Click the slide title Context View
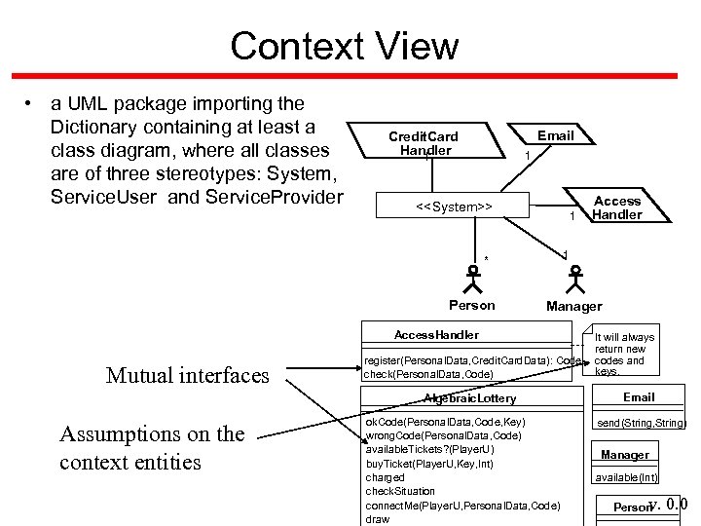click(345, 46)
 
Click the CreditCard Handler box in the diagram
click(423, 143)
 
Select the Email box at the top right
click(555, 135)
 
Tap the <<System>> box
click(454, 207)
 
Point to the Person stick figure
click(474, 280)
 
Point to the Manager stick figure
click(575, 280)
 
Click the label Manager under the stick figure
click(573, 306)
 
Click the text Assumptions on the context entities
click(152, 447)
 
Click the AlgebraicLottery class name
click(469, 398)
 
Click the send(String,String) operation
click(641, 423)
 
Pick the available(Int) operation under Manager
click(627, 476)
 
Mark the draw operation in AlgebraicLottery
click(377, 519)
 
